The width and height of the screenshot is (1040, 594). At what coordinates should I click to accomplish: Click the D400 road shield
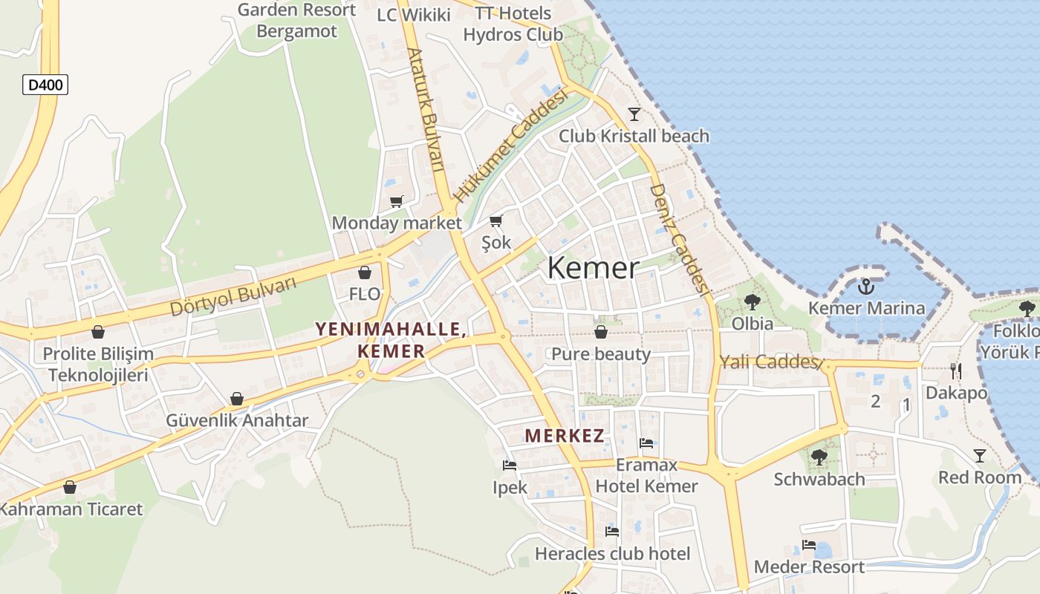point(45,85)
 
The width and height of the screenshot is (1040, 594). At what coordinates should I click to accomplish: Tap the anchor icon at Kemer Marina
point(865,287)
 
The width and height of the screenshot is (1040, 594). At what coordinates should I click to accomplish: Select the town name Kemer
point(593,268)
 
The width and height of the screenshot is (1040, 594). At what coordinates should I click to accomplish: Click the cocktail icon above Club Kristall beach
point(634,114)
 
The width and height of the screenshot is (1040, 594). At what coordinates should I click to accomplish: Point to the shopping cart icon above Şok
point(496,221)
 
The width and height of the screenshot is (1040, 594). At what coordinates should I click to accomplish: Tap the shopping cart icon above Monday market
point(397,201)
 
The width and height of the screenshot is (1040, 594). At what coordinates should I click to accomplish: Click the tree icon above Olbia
point(752,301)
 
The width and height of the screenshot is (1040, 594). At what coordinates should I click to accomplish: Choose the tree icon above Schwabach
point(819,457)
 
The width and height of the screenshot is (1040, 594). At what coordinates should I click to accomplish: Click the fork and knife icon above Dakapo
point(956,371)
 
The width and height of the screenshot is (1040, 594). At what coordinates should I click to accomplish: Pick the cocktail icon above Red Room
point(980,455)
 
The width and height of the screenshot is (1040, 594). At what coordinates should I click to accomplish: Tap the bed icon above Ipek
point(510,466)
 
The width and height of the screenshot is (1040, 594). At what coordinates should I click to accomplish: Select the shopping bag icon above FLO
point(364,272)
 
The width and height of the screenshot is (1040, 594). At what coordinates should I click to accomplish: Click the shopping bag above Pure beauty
point(600,332)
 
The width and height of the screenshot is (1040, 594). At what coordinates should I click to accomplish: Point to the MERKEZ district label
point(565,436)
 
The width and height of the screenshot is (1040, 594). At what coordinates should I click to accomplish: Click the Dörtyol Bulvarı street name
point(233,296)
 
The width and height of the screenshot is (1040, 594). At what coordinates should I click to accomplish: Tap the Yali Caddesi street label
point(770,362)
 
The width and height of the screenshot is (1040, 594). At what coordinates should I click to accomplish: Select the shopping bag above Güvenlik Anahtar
point(236,399)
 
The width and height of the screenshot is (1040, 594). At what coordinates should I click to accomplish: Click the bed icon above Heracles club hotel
point(612,531)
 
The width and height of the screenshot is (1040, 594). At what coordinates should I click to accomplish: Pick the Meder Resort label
point(809,567)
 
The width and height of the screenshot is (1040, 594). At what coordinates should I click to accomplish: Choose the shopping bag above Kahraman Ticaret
point(70,487)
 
